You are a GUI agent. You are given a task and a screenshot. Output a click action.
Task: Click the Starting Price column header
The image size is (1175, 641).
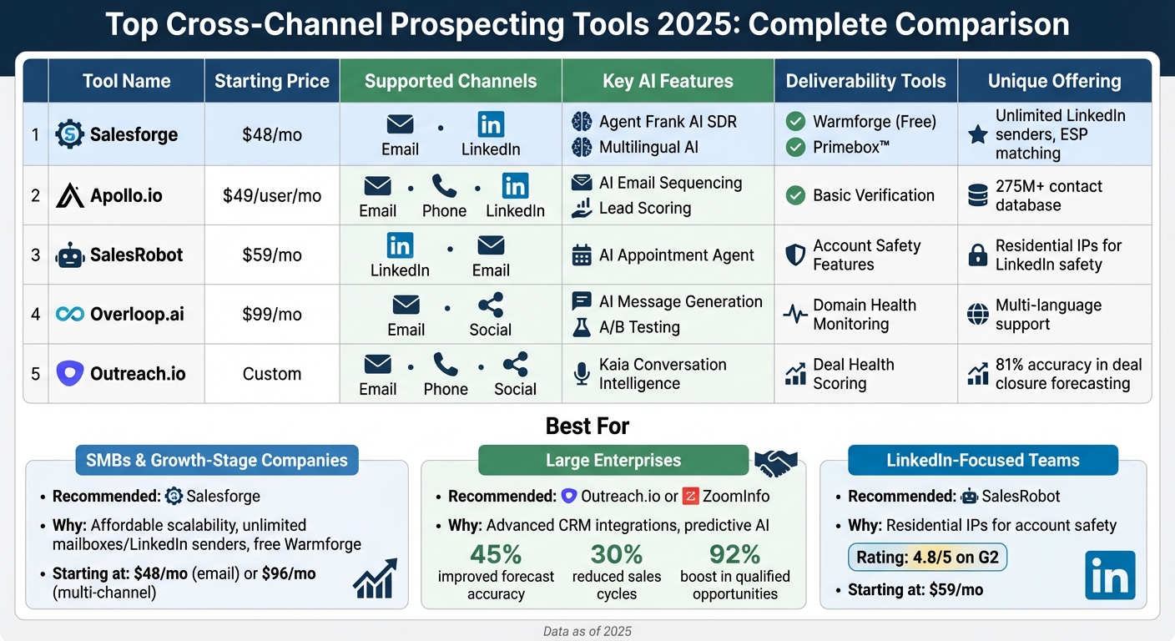point(272,81)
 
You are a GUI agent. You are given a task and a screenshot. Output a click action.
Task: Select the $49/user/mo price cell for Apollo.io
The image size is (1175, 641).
point(272,196)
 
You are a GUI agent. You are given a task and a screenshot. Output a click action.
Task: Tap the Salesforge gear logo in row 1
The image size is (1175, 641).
point(70,134)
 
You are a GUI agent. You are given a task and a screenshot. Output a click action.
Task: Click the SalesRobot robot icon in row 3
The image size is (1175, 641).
point(70,255)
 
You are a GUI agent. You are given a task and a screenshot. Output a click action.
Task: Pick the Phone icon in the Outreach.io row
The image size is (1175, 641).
point(446,364)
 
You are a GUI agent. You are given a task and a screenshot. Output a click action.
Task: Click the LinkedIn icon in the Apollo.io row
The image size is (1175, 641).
point(515,185)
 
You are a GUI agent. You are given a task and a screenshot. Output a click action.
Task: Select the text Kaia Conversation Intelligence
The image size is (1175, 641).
point(663,374)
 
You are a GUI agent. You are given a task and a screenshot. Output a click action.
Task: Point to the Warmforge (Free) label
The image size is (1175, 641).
point(875,122)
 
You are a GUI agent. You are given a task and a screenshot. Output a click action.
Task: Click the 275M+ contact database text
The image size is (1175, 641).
point(1048,195)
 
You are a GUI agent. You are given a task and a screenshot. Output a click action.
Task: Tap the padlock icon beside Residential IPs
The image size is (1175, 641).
point(977,255)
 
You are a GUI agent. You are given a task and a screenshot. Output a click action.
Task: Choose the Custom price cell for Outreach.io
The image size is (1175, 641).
point(272,374)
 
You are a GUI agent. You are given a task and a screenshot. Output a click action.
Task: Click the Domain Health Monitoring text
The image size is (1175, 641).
point(864,315)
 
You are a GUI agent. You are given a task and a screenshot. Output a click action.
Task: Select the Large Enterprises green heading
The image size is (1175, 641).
point(613,461)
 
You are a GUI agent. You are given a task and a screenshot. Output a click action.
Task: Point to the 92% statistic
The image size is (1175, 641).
point(734,554)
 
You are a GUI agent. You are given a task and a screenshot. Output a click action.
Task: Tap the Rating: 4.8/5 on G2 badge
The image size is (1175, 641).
point(927,558)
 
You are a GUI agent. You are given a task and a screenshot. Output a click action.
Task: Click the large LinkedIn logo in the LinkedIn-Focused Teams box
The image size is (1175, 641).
point(1110,575)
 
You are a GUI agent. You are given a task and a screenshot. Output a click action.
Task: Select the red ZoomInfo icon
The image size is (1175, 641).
point(690,497)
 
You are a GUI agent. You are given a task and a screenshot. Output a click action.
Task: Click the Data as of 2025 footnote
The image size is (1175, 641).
point(587,632)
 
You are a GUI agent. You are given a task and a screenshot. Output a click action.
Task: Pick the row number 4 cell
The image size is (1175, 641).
point(36,315)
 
